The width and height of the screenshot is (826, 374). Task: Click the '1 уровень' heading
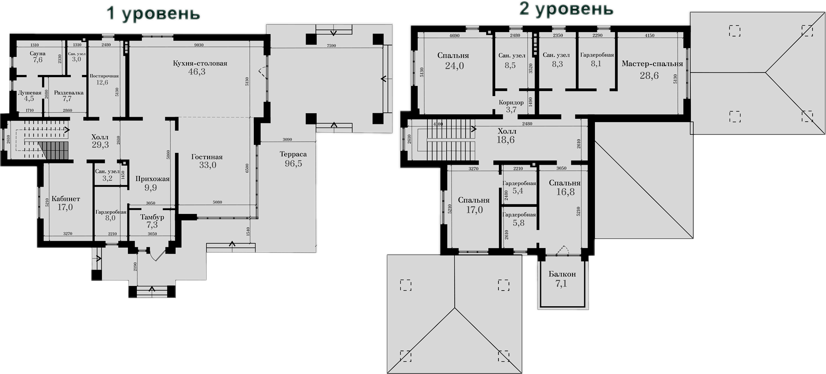(153, 13)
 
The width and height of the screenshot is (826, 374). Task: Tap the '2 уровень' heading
(566, 9)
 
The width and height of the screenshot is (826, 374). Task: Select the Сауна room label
(37, 53)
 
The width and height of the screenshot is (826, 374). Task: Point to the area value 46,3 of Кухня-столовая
(197, 72)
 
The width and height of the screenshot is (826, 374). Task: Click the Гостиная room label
(207, 157)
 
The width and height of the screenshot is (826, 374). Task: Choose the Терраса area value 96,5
(293, 163)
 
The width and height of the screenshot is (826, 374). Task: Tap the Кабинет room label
(66, 199)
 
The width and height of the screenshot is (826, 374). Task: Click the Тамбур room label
(152, 217)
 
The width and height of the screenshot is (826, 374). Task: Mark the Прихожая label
(152, 179)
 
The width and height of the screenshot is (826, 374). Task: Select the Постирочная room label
(104, 76)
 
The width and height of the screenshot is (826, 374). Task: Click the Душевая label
(29, 93)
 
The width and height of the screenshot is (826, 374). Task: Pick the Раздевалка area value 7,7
(67, 99)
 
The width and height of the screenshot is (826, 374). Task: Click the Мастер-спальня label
(652, 64)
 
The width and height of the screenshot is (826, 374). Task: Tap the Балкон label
(562, 274)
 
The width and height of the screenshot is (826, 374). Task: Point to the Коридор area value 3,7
(511, 110)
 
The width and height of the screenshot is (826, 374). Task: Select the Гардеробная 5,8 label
(519, 214)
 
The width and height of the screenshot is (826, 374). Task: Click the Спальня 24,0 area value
(454, 66)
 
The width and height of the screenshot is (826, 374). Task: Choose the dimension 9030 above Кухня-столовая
(198, 45)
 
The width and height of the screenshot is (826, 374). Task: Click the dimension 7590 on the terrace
(331, 45)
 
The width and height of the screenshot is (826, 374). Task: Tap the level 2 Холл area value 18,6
(505, 140)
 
